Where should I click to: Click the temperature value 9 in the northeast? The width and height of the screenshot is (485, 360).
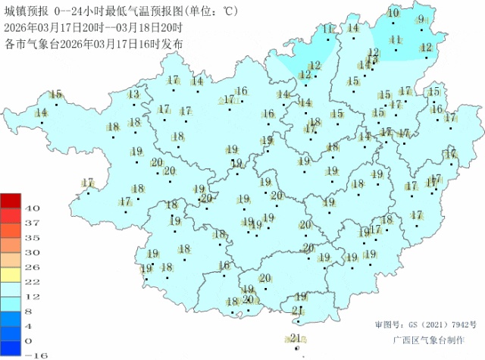(421, 19)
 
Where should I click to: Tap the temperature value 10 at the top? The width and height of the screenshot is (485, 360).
(393, 13)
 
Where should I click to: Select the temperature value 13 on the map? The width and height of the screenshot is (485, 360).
(133, 94)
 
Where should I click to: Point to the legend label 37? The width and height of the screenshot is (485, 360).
(32, 223)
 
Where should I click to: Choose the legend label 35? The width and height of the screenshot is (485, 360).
(32, 237)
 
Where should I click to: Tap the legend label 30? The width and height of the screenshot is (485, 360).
(32, 252)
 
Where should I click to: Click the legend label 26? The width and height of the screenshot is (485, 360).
(32, 267)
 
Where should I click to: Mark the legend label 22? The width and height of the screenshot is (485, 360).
(32, 281)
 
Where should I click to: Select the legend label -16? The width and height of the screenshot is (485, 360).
(30, 355)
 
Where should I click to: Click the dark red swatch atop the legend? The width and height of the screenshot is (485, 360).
(11, 201)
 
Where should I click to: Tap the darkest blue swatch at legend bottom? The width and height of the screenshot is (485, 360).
(11, 348)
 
